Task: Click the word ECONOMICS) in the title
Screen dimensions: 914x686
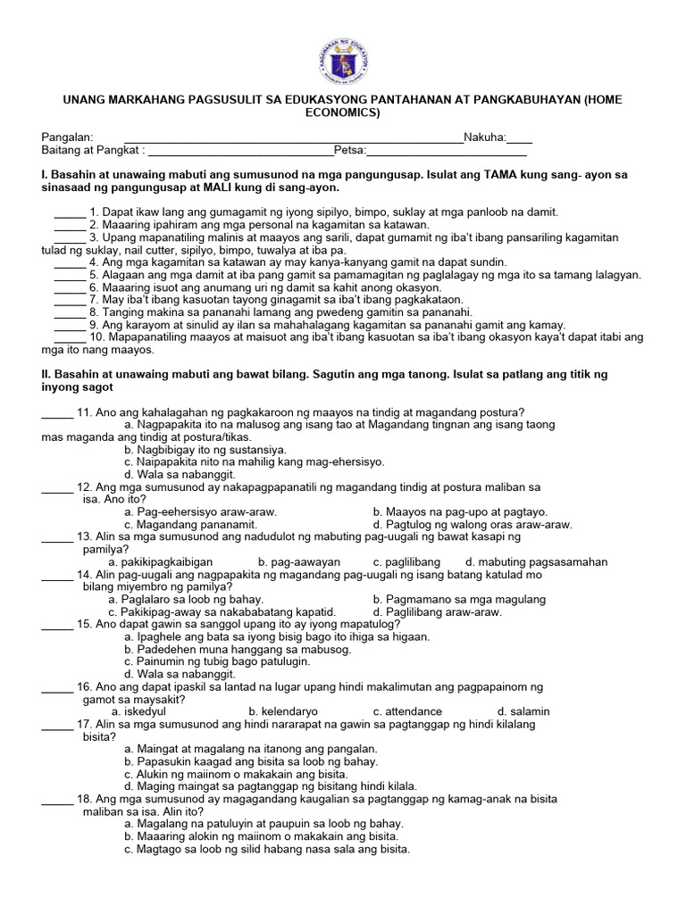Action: click(343, 113)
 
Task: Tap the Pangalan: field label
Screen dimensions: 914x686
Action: click(68, 137)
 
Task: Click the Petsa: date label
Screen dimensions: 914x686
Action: click(350, 150)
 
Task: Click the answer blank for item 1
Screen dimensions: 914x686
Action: click(70, 212)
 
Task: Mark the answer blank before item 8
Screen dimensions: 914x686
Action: click(70, 312)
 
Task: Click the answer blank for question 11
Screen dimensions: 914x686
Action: click(57, 411)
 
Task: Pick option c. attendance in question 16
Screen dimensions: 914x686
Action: click(407, 711)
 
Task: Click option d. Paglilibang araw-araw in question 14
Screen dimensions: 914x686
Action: click(438, 612)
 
